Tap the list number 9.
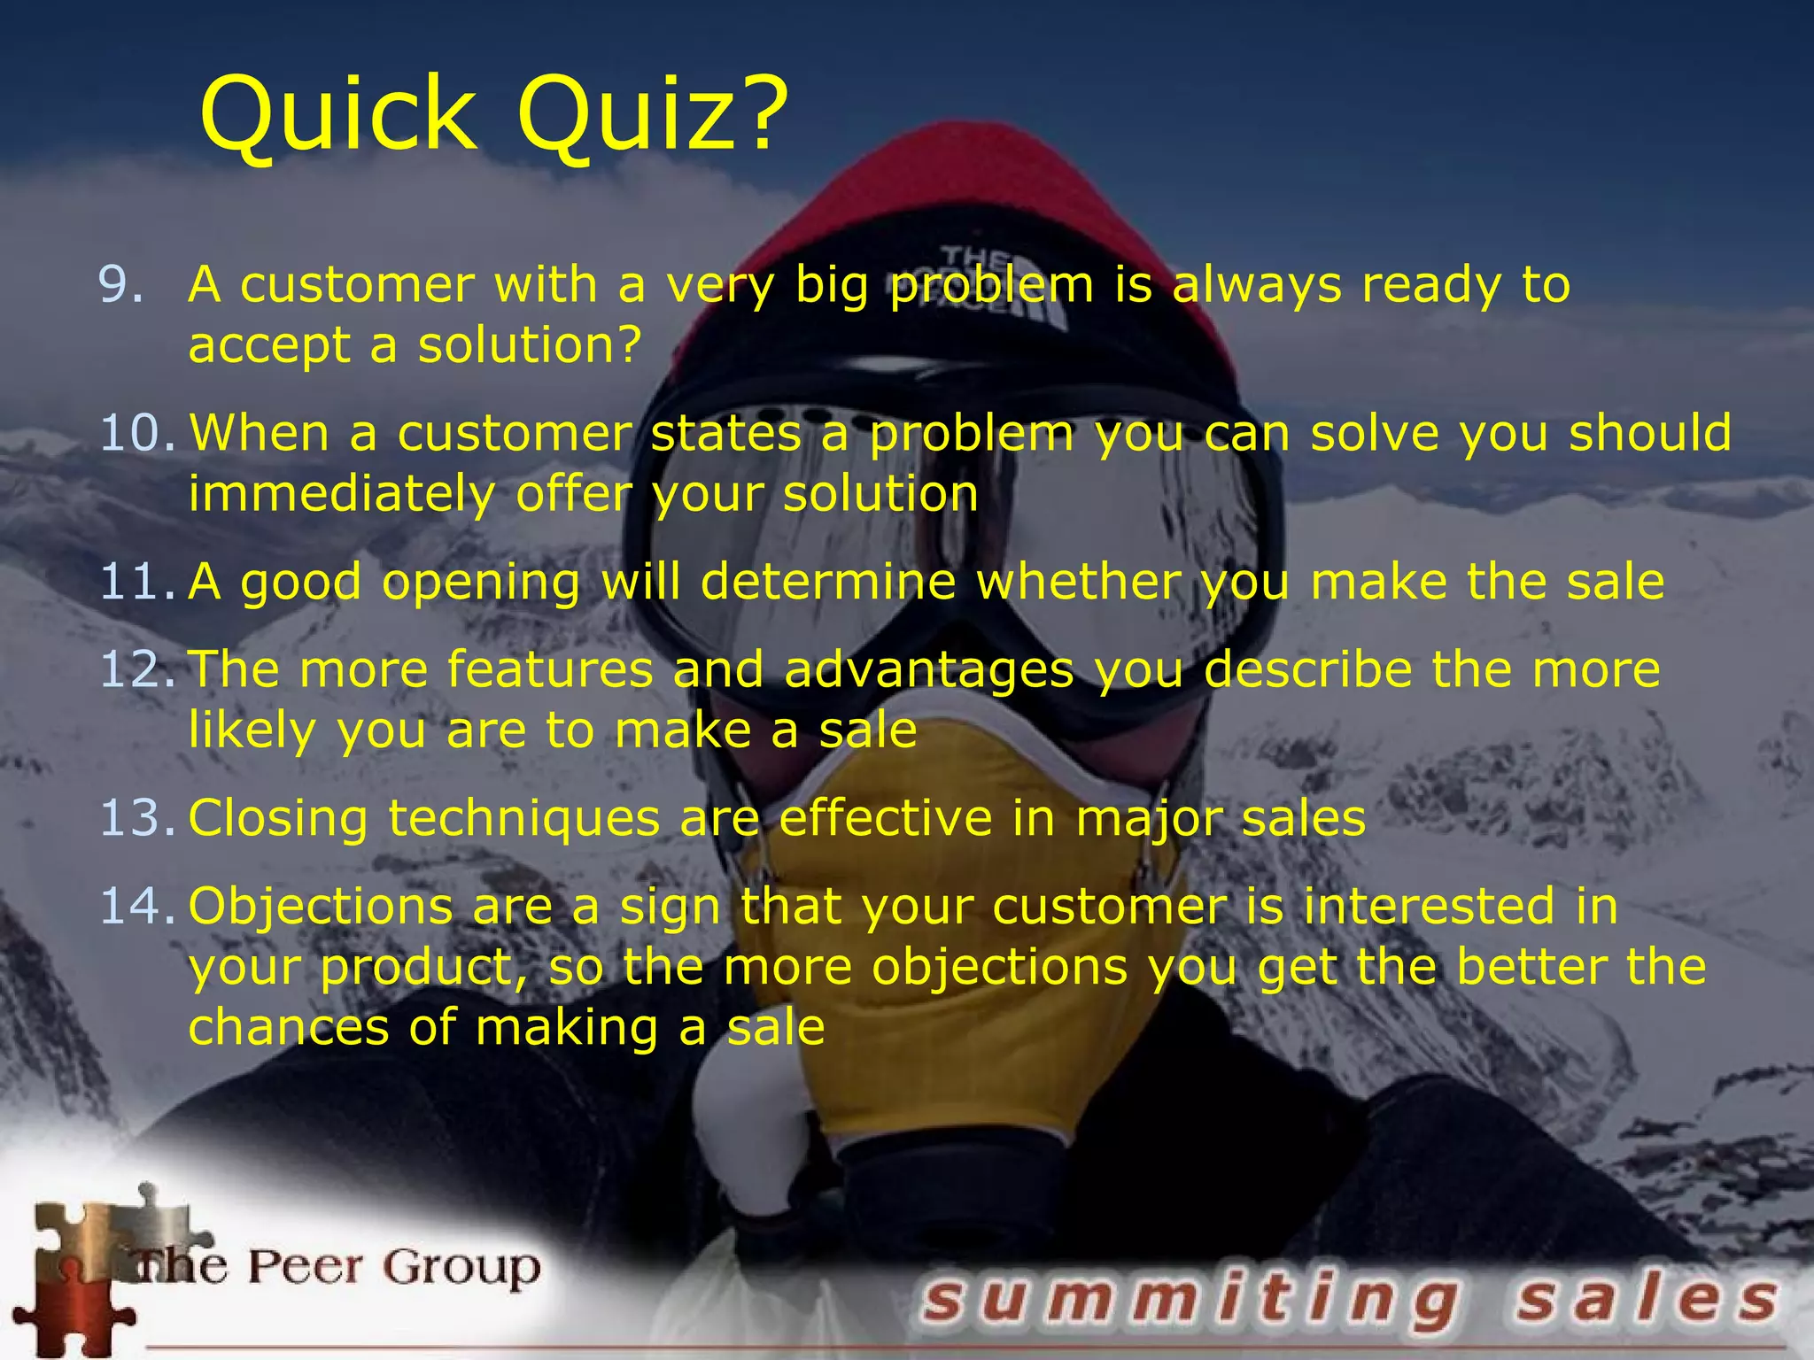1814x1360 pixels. tap(120, 285)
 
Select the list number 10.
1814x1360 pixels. tap(137, 434)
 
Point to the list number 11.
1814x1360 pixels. tap(137, 583)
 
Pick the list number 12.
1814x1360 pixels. tap(137, 669)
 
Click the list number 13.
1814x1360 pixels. tap(137, 818)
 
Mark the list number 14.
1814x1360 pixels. tap(137, 907)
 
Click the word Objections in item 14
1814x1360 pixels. tap(320, 907)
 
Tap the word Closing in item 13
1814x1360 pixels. tap(277, 818)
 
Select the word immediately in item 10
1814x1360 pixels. tap(341, 494)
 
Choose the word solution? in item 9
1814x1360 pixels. tap(530, 345)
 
